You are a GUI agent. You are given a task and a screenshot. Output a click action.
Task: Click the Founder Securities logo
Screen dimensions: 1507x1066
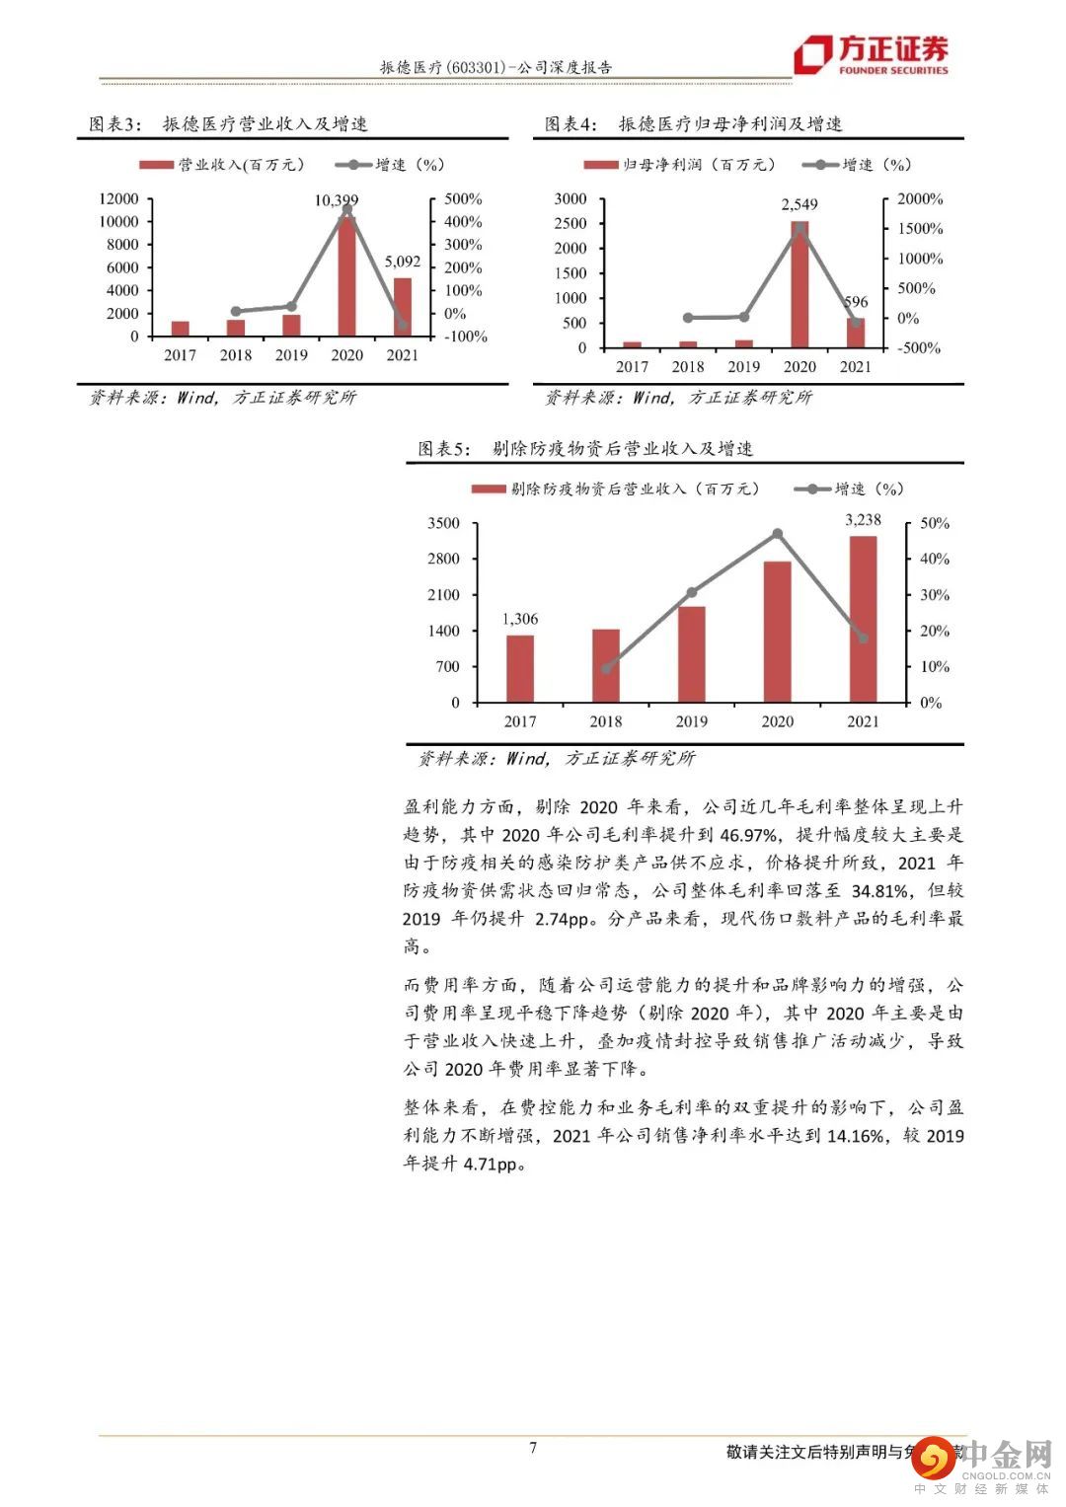pyautogui.click(x=872, y=55)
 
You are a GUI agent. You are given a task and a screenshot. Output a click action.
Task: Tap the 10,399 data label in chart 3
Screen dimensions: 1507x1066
pyautogui.click(x=336, y=200)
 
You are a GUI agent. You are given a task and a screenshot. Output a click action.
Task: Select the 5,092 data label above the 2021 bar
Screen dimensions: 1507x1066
pyautogui.click(x=402, y=263)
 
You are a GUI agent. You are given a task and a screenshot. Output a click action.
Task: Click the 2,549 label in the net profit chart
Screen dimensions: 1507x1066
pyautogui.click(x=799, y=205)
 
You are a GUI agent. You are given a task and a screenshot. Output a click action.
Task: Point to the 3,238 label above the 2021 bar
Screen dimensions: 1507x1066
pyautogui.click(x=863, y=519)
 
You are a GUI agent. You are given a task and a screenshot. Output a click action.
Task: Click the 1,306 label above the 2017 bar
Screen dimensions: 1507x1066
pyautogui.click(x=520, y=619)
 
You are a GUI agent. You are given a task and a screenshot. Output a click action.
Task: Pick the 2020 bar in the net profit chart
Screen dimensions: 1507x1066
pyautogui.click(x=799, y=286)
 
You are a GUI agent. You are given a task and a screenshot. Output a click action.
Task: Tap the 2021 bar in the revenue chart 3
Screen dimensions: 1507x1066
pyautogui.click(x=403, y=307)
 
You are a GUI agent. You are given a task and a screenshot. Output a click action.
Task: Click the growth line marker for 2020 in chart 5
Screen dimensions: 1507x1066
pyautogui.click(x=778, y=534)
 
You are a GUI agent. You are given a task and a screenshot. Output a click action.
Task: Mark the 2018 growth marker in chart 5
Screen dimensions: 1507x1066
pyautogui.click(x=606, y=668)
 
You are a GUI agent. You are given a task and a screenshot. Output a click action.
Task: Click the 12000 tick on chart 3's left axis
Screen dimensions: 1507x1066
pyautogui.click(x=119, y=199)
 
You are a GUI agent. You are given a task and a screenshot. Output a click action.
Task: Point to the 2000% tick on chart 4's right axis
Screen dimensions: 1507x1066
pyautogui.click(x=920, y=199)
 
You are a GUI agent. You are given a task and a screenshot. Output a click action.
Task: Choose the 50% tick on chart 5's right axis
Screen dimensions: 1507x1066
pyautogui.click(x=934, y=523)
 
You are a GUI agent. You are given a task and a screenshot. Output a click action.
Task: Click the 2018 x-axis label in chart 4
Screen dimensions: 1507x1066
pyautogui.click(x=688, y=367)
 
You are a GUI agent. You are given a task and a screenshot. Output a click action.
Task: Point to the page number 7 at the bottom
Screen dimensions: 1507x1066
pyautogui.click(x=533, y=1448)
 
